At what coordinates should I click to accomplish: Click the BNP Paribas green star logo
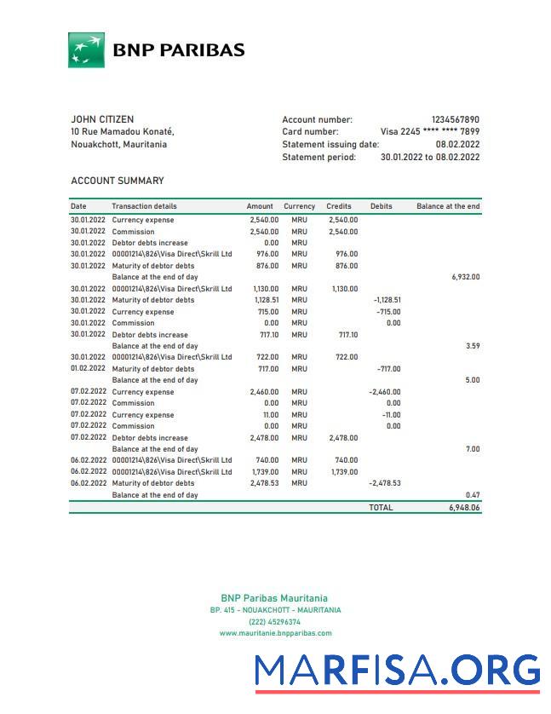tap(86, 50)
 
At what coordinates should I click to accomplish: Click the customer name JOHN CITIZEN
tap(102, 119)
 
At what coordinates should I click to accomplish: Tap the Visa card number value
tap(429, 132)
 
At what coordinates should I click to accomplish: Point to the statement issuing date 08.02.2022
tap(457, 145)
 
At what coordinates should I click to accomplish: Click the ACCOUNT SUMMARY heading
tap(118, 181)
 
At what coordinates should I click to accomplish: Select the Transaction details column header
tap(144, 206)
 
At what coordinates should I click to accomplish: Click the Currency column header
tap(299, 206)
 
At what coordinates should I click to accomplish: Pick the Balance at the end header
tap(448, 206)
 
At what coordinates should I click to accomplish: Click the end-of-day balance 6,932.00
tap(465, 277)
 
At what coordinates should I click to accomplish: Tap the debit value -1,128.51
tap(387, 300)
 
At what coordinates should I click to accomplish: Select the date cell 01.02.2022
tap(89, 369)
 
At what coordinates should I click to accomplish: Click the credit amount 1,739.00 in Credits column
tap(342, 472)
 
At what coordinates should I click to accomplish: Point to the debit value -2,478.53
tap(385, 483)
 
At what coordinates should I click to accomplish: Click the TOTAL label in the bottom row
tap(381, 507)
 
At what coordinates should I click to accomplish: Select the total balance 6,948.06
tap(464, 507)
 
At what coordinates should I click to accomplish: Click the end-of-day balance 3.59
tap(472, 346)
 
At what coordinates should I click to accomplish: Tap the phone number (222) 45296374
tap(274, 622)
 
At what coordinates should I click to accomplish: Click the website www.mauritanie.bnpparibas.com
tap(275, 633)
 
